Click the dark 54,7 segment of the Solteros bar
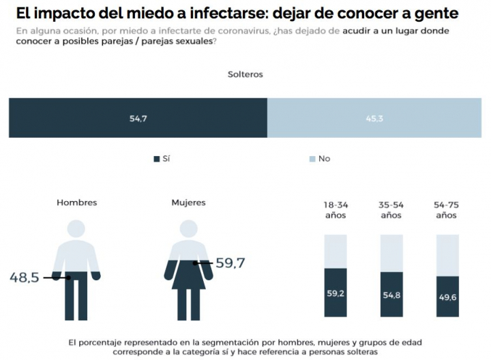[138, 118]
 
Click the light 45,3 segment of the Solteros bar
[374, 118]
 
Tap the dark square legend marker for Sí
[157, 159]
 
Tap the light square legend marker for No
[313, 159]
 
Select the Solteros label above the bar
[245, 74]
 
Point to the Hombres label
[76, 202]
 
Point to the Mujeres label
[188, 202]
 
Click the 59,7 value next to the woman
[230, 262]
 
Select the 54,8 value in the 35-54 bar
[391, 295]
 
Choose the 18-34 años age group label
[335, 209]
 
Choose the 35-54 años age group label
[391, 209]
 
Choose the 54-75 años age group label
[446, 209]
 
